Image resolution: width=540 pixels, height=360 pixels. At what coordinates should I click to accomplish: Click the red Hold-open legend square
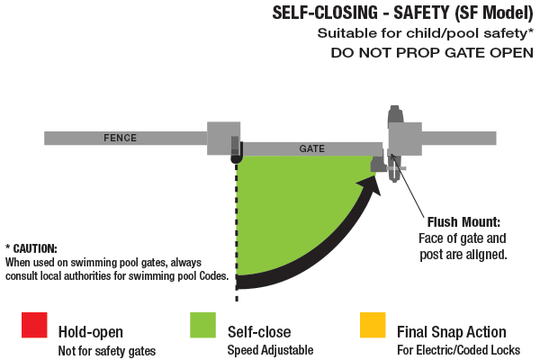coord(34,325)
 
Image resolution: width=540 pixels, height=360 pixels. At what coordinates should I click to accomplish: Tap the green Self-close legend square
coord(203,325)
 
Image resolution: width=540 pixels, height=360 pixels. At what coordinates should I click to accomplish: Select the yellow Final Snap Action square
coord(372,325)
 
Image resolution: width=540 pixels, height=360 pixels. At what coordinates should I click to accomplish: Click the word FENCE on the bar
coord(121,138)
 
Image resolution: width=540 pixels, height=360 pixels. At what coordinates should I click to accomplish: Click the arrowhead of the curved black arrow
coord(368,184)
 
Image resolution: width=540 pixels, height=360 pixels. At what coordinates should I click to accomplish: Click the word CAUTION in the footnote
coord(36,247)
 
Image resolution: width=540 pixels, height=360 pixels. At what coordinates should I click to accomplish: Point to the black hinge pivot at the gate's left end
coord(237,157)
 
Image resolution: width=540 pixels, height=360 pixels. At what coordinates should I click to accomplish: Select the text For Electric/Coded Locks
coord(458,349)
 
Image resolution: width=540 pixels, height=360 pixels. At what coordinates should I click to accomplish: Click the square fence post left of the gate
coord(223,138)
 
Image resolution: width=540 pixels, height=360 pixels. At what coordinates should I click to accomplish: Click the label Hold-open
coord(89,331)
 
